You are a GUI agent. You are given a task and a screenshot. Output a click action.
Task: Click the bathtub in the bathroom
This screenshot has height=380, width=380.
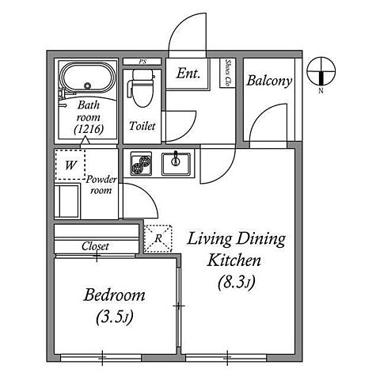(x=88, y=77)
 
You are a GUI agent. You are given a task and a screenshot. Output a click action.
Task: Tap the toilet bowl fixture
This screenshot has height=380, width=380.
(x=142, y=88)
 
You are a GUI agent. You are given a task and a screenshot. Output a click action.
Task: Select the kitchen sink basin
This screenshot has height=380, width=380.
(x=176, y=164)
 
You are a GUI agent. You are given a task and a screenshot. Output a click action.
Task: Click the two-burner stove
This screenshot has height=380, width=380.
(x=141, y=164)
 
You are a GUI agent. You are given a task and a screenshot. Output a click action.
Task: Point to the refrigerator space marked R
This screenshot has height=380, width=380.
(x=158, y=238)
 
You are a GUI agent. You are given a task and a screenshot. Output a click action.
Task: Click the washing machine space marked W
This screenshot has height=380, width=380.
(x=70, y=165)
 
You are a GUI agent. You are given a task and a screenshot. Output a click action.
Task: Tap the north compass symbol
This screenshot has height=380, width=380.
(x=321, y=72)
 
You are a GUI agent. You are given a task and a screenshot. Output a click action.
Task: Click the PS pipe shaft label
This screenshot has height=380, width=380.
(x=142, y=62)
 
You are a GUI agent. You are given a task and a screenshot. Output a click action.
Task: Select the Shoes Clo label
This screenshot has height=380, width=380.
(x=228, y=73)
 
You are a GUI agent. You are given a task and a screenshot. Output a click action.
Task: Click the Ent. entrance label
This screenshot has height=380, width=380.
(x=188, y=74)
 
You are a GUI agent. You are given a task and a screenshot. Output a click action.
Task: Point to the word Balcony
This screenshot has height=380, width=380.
(x=269, y=81)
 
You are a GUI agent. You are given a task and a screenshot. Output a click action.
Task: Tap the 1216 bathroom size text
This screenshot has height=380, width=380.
(x=89, y=129)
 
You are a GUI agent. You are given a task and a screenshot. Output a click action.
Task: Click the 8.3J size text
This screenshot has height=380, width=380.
(x=237, y=282)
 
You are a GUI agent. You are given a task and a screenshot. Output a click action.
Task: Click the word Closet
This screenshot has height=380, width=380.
(x=95, y=246)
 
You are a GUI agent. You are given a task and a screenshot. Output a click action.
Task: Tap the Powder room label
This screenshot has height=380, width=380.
(x=101, y=184)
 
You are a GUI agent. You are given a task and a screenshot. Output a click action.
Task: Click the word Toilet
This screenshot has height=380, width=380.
(x=142, y=126)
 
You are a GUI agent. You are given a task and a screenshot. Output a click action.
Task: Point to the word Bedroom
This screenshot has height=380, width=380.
(x=114, y=295)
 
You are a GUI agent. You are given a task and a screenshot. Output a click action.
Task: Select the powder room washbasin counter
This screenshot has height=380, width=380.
(x=66, y=201)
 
